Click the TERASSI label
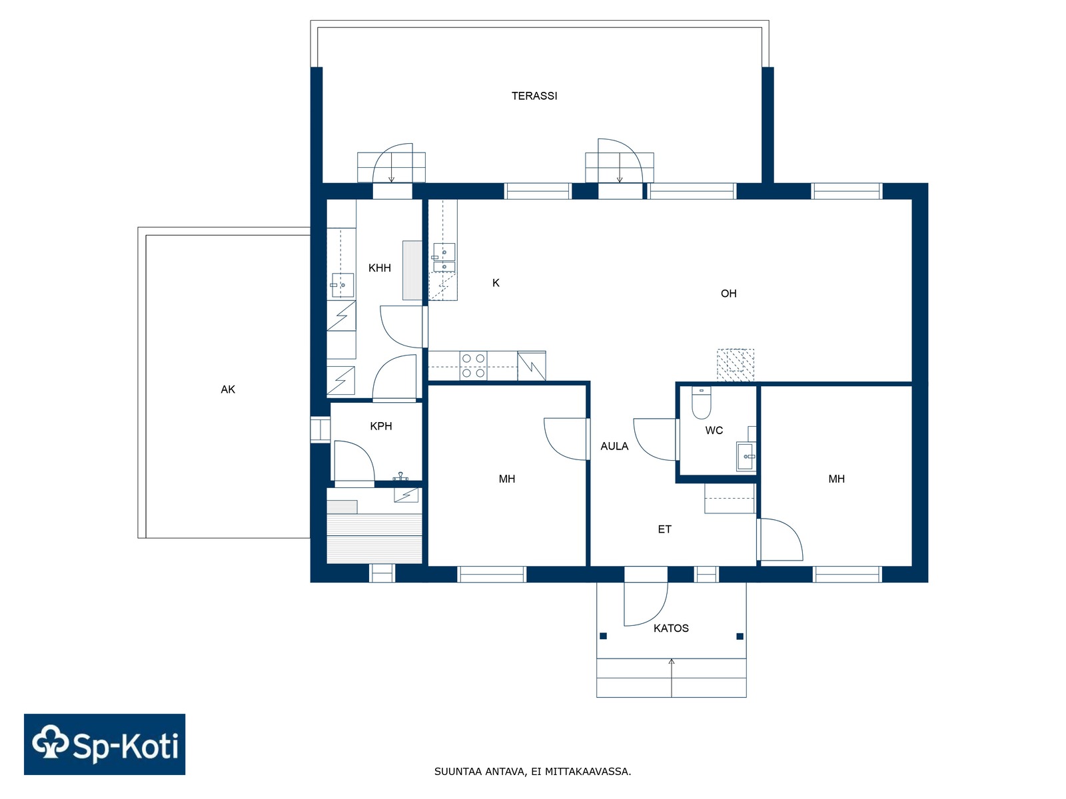tap(534, 96)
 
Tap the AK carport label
tap(228, 389)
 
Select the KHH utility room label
tap(379, 268)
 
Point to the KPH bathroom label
tap(380, 426)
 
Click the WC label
tap(714, 430)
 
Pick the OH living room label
tap(728, 294)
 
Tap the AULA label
tap(614, 446)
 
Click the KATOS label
tap(671, 629)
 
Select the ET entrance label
tap(664, 529)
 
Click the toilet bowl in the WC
tap(702, 403)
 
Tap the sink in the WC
tap(746, 457)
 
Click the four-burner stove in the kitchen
tap(474, 366)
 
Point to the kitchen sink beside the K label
tap(444, 257)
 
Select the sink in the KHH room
tap(342, 285)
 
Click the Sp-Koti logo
tap(105, 744)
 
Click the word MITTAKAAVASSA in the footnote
tap(588, 771)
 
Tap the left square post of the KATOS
tap(603, 636)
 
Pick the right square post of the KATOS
tap(740, 636)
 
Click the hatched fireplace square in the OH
tap(736, 365)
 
